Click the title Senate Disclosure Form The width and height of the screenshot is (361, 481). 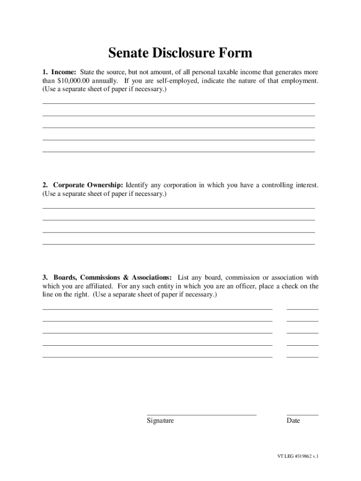pos(180,53)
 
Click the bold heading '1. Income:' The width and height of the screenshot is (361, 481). pos(60,73)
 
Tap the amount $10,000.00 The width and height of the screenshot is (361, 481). pos(73,81)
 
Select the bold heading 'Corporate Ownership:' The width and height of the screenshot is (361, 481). pos(88,185)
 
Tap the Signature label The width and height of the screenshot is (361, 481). pos(160,421)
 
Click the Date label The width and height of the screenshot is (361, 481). pos(293,421)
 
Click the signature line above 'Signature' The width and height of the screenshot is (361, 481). pos(202,415)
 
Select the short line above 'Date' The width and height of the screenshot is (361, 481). pos(302,415)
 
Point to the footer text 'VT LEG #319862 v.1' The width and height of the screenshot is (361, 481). pos(298,456)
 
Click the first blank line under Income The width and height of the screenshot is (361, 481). pos(179,103)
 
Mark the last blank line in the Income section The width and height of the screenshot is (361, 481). pos(179,152)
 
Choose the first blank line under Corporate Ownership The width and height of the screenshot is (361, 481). pos(179,208)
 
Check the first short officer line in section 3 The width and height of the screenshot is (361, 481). pos(302,310)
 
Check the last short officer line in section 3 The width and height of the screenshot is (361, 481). pos(302,357)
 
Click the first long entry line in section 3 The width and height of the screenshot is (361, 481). pos(157,310)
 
